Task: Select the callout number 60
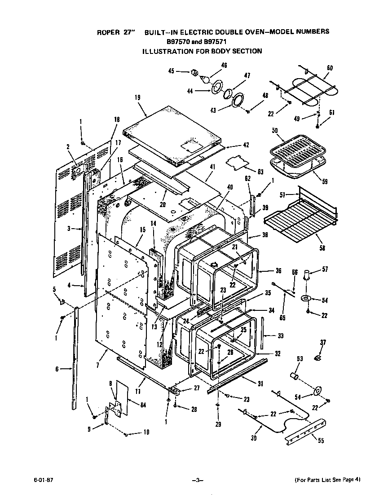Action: point(330,68)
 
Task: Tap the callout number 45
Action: point(171,71)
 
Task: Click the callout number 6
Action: point(57,369)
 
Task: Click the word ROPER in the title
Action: point(108,32)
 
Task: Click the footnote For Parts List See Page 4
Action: point(327,479)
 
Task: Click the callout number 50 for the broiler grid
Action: point(275,130)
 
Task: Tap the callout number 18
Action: point(117,119)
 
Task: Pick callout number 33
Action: point(281,336)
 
